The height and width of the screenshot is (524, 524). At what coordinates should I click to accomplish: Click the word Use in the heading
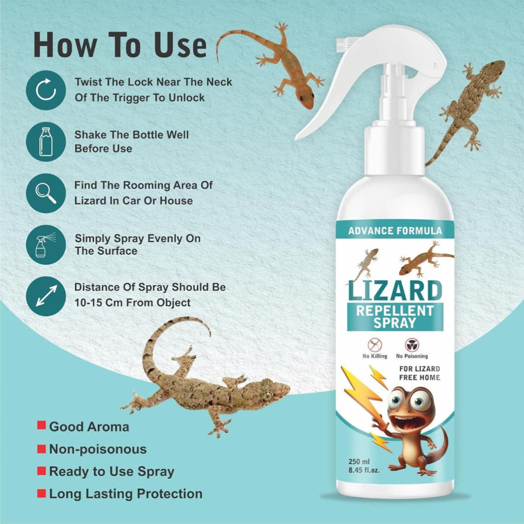(x=180, y=45)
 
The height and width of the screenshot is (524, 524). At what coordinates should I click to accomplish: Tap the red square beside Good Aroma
(x=42, y=425)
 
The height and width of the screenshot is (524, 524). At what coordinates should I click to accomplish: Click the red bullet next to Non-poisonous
(x=42, y=448)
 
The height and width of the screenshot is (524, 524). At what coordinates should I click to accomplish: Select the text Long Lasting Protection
(x=126, y=494)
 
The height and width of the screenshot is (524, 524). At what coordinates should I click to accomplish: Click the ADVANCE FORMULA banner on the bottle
(x=395, y=231)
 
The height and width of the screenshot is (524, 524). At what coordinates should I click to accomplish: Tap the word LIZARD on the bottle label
(x=395, y=291)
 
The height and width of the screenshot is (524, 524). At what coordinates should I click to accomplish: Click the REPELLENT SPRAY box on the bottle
(x=395, y=317)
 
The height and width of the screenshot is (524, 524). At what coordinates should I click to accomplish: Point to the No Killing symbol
(x=375, y=344)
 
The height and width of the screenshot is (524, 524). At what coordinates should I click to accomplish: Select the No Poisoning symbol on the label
(x=412, y=344)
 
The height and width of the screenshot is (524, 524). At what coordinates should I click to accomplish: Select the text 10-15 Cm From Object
(x=132, y=303)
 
